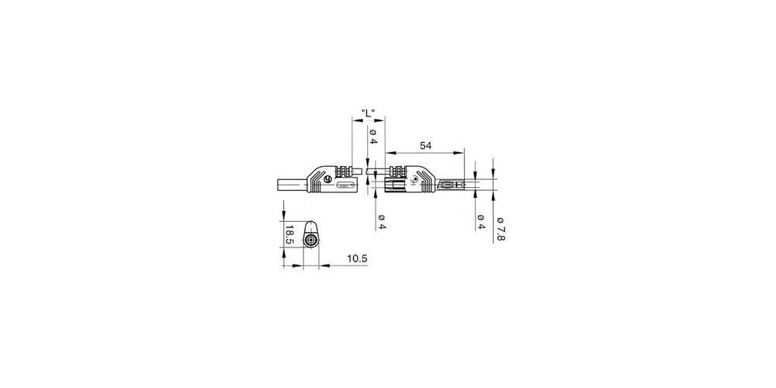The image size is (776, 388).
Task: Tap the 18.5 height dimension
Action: [289, 234]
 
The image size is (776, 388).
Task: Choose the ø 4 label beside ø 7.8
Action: [481, 221]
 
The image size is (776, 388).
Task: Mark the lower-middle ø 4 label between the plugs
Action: [382, 221]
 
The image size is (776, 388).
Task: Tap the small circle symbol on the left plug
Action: [327, 179]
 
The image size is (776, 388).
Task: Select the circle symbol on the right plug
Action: [414, 179]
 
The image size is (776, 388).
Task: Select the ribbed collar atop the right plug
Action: [397, 170]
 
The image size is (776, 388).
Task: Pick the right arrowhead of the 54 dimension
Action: [461, 152]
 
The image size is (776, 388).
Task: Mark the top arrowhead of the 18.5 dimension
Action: [285, 214]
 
